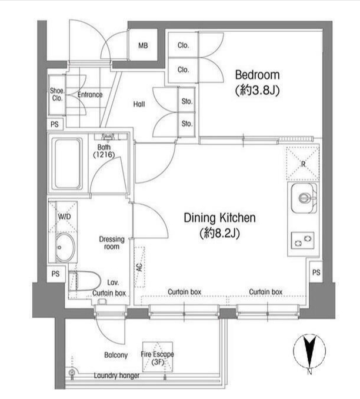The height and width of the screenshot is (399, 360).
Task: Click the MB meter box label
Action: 143,46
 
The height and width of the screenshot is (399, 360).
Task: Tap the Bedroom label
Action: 258,75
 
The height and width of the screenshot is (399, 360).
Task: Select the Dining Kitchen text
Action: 220,218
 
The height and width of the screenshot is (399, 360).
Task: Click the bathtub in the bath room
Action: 68,164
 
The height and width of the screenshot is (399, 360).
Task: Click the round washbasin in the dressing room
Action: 65,247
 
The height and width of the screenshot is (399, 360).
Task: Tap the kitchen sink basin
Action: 304,198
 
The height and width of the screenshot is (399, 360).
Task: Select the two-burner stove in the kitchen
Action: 303,241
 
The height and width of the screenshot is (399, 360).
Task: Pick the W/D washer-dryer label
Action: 64,217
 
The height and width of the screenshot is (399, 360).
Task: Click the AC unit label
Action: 139,267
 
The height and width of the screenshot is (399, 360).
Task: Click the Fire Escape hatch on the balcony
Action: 158,357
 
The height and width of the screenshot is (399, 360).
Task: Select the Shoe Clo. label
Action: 57,94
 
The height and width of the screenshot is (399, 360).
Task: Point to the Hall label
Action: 139,104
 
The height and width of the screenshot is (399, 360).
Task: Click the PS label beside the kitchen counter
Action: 316,272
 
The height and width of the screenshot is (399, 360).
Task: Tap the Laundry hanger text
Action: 117,375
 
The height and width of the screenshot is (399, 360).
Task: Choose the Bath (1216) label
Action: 104,151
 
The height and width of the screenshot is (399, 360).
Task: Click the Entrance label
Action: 90,95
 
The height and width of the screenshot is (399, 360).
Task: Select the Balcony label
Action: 116,355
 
